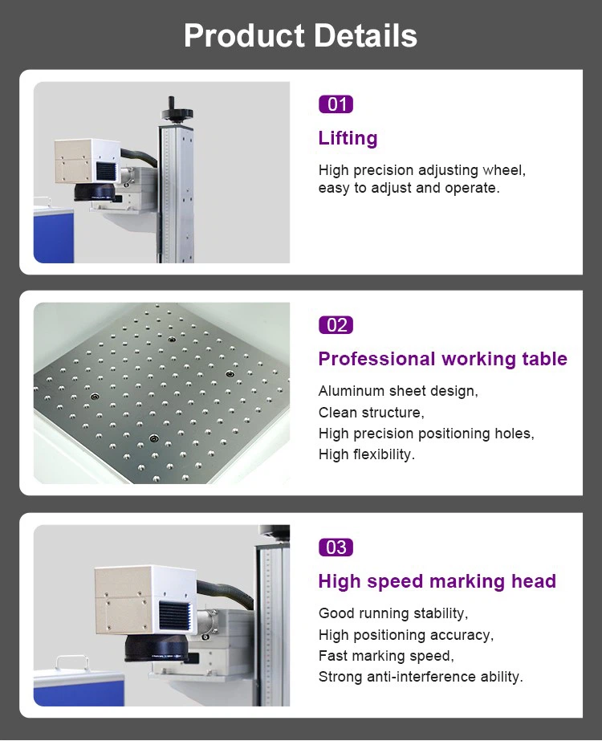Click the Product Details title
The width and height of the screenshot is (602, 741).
pyautogui.click(x=300, y=36)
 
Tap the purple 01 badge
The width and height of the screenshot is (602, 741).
pyautogui.click(x=336, y=104)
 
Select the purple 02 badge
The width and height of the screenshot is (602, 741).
pyautogui.click(x=336, y=325)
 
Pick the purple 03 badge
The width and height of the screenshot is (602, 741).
pyautogui.click(x=336, y=548)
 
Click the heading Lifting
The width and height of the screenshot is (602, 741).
pyautogui.click(x=348, y=138)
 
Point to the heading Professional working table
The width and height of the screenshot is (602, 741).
pyautogui.click(x=442, y=359)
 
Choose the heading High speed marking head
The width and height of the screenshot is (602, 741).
pyautogui.click(x=437, y=581)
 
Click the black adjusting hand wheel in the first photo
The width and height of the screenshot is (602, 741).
pyautogui.click(x=171, y=107)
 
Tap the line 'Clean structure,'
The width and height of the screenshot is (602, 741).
pyautogui.click(x=371, y=413)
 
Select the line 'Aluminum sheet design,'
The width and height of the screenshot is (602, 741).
pyautogui.click(x=398, y=392)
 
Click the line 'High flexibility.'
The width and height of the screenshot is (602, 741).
pyautogui.click(x=366, y=454)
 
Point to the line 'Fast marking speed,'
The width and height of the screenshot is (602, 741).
pyautogui.click(x=385, y=656)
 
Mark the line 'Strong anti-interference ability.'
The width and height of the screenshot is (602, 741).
pyautogui.click(x=421, y=677)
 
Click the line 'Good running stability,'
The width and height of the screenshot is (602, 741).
pyautogui.click(x=393, y=613)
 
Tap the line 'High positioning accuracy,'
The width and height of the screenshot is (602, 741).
pyautogui.click(x=406, y=635)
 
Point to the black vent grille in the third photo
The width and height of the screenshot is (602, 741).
pyautogui.click(x=175, y=615)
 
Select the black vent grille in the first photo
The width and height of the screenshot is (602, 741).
pyautogui.click(x=108, y=172)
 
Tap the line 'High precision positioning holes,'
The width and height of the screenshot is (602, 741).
pyautogui.click(x=426, y=434)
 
